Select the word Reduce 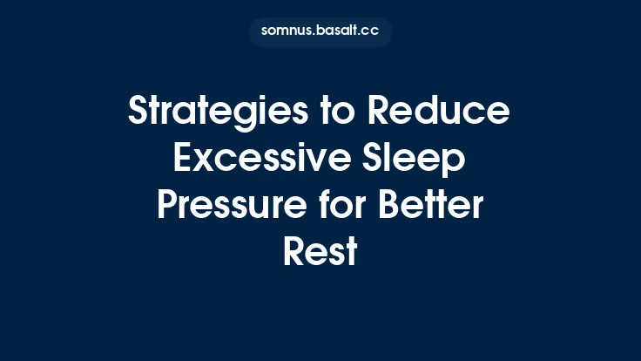(440, 113)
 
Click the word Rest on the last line (320, 252)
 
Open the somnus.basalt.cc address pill (320, 31)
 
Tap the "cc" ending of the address (372, 31)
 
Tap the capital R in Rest (292, 252)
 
